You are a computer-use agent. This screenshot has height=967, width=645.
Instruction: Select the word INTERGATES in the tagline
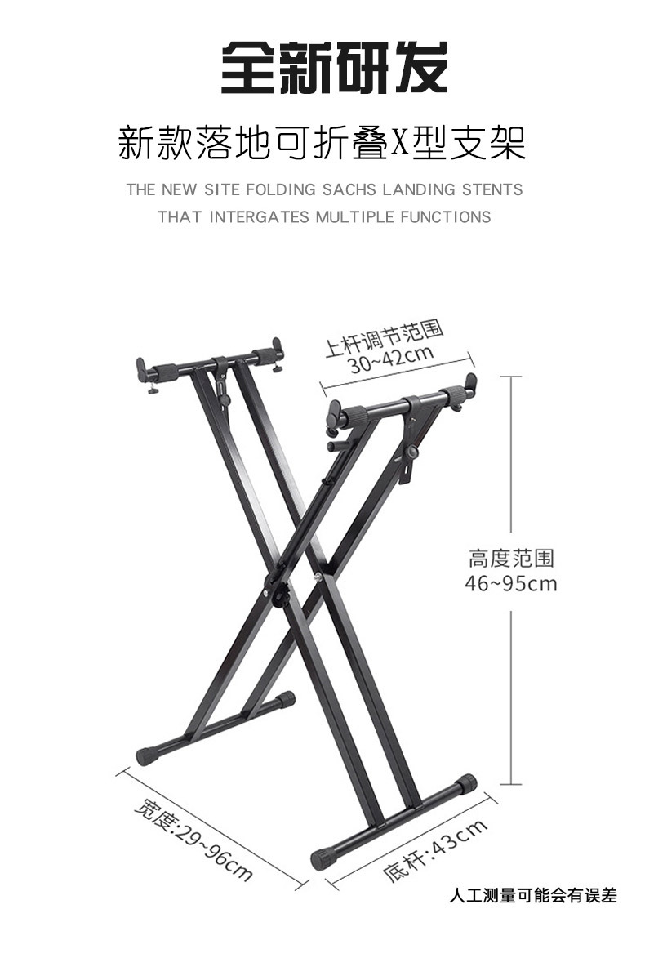pos(260,217)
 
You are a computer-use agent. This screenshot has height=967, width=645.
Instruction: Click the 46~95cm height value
pos(510,583)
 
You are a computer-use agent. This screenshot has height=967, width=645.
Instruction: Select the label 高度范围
pos(511,559)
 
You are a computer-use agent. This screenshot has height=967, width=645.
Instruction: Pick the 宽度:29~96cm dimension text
pos(193,840)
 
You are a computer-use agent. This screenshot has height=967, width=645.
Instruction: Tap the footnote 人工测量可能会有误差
pos(532,896)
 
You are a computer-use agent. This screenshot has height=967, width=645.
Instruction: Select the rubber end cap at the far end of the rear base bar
pos(285,699)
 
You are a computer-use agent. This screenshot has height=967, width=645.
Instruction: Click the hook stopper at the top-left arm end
pos(141,368)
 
